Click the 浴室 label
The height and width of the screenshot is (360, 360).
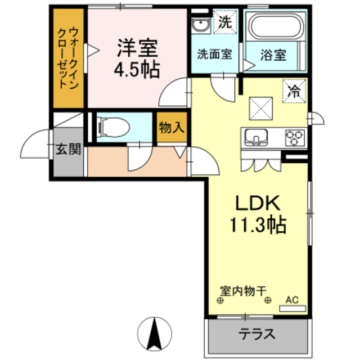tap(274, 55)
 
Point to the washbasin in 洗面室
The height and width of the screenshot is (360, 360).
tap(199, 26)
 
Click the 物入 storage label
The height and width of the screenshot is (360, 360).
tap(171, 128)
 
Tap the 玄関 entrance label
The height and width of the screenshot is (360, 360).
tap(69, 150)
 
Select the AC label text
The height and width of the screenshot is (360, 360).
tap(291, 299)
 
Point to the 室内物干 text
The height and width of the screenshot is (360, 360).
tap(242, 291)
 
